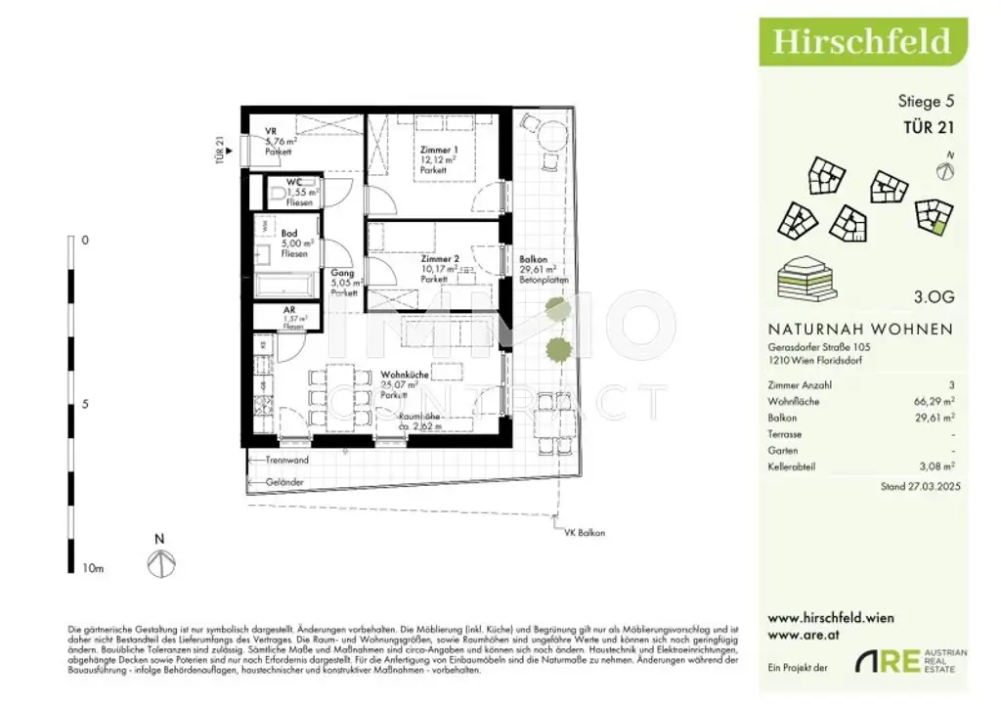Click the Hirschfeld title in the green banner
pyautogui.click(x=861, y=41)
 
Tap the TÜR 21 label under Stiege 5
pyautogui.click(x=928, y=125)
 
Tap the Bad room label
pyautogui.click(x=289, y=234)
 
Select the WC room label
pyautogui.click(x=294, y=182)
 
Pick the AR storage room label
pyautogui.click(x=289, y=309)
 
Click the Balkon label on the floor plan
pyautogui.click(x=534, y=259)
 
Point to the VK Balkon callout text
pyautogui.click(x=585, y=533)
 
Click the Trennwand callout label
pyautogui.click(x=286, y=460)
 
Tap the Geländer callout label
pyautogui.click(x=283, y=482)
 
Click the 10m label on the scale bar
pyautogui.click(x=92, y=568)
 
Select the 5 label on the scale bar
pyautogui.click(x=85, y=403)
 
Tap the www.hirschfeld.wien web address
pyautogui.click(x=831, y=618)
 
